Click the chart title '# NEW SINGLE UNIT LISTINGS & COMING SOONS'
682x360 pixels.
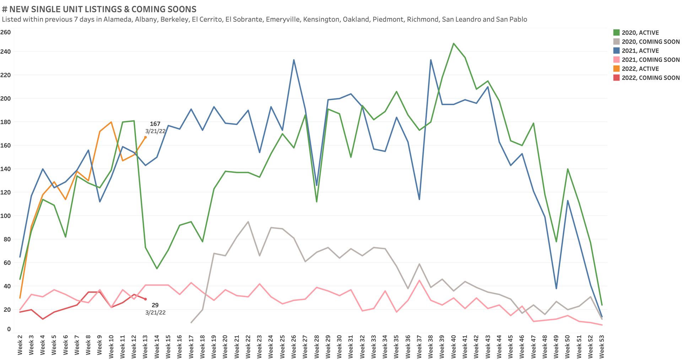(x=99, y=9)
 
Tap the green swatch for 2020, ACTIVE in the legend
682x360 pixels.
(x=617, y=33)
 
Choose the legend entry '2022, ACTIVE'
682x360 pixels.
(x=640, y=69)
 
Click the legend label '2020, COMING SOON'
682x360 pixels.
(x=650, y=42)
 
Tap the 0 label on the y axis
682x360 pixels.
(x=9, y=329)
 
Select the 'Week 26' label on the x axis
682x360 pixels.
(x=294, y=345)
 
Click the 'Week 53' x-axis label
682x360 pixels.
(x=602, y=345)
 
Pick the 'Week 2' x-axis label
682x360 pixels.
(x=20, y=345)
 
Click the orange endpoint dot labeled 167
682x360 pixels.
(x=145, y=137)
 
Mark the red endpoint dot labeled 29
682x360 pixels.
(x=145, y=299)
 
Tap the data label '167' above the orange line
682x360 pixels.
(x=155, y=124)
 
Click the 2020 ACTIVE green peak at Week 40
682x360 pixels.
(x=454, y=43)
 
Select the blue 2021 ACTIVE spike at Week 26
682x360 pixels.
(x=294, y=60)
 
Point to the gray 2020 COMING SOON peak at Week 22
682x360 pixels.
(x=248, y=222)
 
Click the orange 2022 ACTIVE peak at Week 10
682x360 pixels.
(x=111, y=122)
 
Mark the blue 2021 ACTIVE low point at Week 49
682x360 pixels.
(x=556, y=288)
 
